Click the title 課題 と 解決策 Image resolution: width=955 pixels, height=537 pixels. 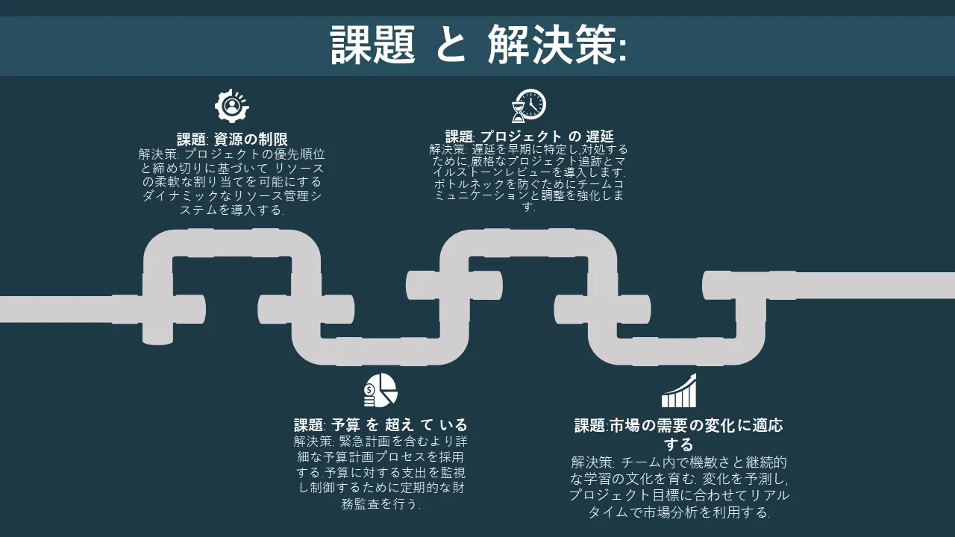pyautogui.click(x=478, y=45)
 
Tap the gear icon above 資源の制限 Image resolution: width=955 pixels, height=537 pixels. pyautogui.click(x=231, y=106)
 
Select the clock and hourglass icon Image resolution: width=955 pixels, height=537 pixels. pyautogui.click(x=529, y=105)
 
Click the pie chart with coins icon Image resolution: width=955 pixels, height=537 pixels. pyautogui.click(x=381, y=390)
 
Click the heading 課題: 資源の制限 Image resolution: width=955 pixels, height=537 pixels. pyautogui.click(x=232, y=139)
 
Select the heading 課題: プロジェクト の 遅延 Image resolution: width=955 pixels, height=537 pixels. pyautogui.click(x=529, y=136)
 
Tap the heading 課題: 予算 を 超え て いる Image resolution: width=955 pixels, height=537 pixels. pyautogui.click(x=381, y=424)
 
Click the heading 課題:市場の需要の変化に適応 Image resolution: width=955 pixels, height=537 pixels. pyautogui.click(x=679, y=425)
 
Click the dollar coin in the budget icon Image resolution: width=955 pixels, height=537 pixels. pyautogui.click(x=369, y=389)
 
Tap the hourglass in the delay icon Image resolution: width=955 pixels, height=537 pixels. pyautogui.click(x=518, y=112)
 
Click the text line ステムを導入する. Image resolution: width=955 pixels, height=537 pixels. pyautogui.click(x=232, y=210)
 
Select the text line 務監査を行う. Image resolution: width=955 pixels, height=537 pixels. pyautogui.click(x=381, y=503)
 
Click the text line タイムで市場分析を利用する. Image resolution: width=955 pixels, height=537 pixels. pyautogui.click(x=679, y=512)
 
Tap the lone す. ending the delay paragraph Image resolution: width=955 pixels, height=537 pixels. pyautogui.click(x=529, y=207)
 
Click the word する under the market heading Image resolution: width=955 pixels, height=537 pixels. pyautogui.click(x=679, y=444)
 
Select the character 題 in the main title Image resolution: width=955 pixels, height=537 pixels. pyautogui.click(x=395, y=45)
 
